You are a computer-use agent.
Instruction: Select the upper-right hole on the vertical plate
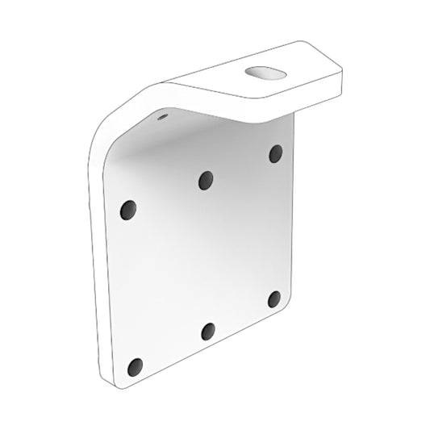tap(276, 152)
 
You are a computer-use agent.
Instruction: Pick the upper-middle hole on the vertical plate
tap(206, 180)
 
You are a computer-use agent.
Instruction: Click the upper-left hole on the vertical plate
tap(127, 210)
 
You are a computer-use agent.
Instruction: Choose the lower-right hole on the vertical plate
tap(274, 299)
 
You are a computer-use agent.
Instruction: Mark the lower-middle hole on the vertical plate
tap(208, 330)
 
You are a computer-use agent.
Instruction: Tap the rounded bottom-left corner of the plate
tap(121, 378)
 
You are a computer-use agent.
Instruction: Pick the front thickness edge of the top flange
tap(250, 102)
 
